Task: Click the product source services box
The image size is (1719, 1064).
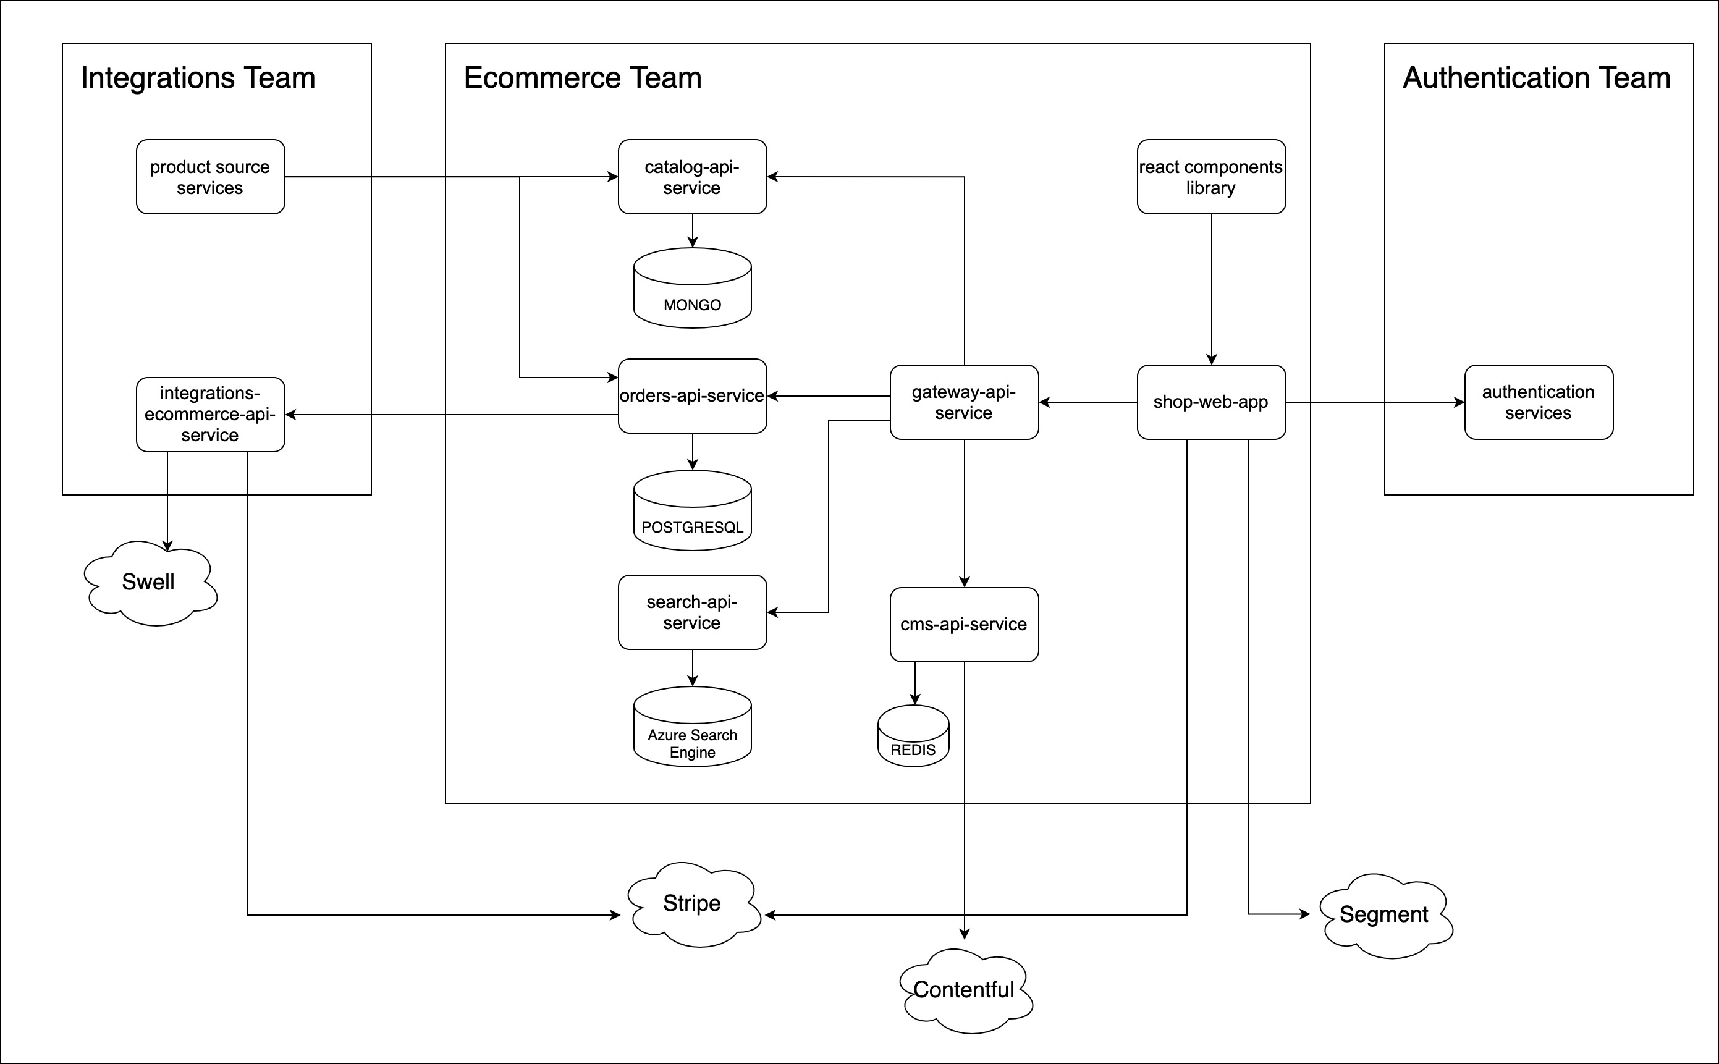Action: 210,177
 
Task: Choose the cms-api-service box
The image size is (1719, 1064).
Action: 964,624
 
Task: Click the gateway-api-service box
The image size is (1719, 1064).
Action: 964,402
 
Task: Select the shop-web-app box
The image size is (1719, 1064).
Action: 1211,402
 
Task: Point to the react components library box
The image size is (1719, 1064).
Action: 1211,177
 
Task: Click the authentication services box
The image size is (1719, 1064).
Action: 1538,402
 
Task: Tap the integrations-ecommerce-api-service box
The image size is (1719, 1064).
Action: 210,414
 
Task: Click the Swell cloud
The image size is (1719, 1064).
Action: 149,583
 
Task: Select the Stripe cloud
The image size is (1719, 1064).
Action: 693,904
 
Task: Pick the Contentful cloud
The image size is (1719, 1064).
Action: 964,990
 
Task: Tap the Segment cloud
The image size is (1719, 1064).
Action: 1384,915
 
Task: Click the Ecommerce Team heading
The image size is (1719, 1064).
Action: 583,77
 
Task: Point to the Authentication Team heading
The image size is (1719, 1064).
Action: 1536,77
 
